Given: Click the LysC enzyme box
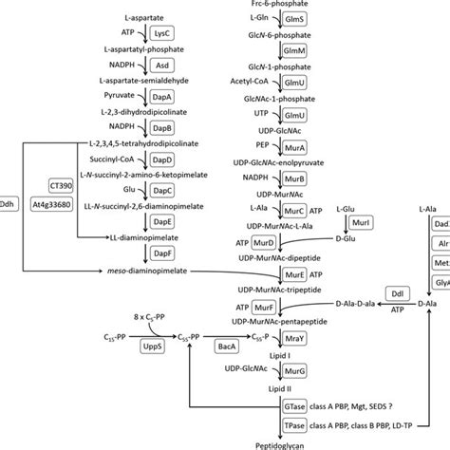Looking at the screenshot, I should [x=162, y=33].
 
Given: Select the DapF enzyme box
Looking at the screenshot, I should [x=162, y=255].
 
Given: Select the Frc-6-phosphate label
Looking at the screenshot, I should [x=285, y=4].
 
